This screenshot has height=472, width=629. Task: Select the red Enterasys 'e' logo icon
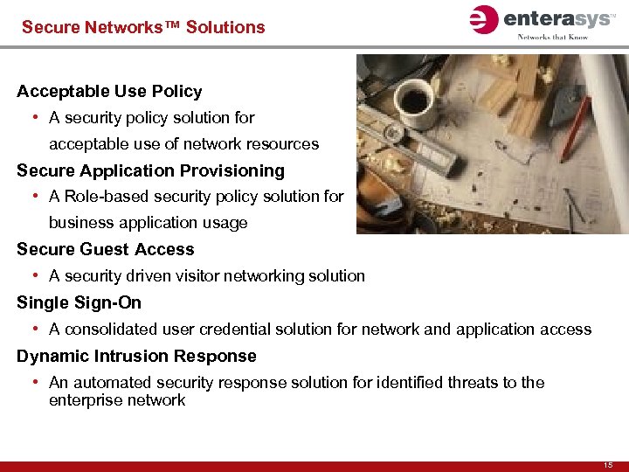coord(482,19)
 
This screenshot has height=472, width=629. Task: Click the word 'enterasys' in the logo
coord(553,18)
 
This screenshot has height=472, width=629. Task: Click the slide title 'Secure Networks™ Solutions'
coord(143,27)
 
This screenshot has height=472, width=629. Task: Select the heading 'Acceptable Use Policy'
coord(109,91)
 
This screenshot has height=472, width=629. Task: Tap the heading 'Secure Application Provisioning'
coord(150,170)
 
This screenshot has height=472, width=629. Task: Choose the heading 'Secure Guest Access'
coord(105,249)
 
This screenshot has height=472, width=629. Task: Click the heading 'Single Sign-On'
coord(79,302)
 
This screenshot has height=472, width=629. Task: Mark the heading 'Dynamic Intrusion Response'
coord(136,356)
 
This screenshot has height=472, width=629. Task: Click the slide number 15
coord(608,463)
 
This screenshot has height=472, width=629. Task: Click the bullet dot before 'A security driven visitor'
coord(33,275)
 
